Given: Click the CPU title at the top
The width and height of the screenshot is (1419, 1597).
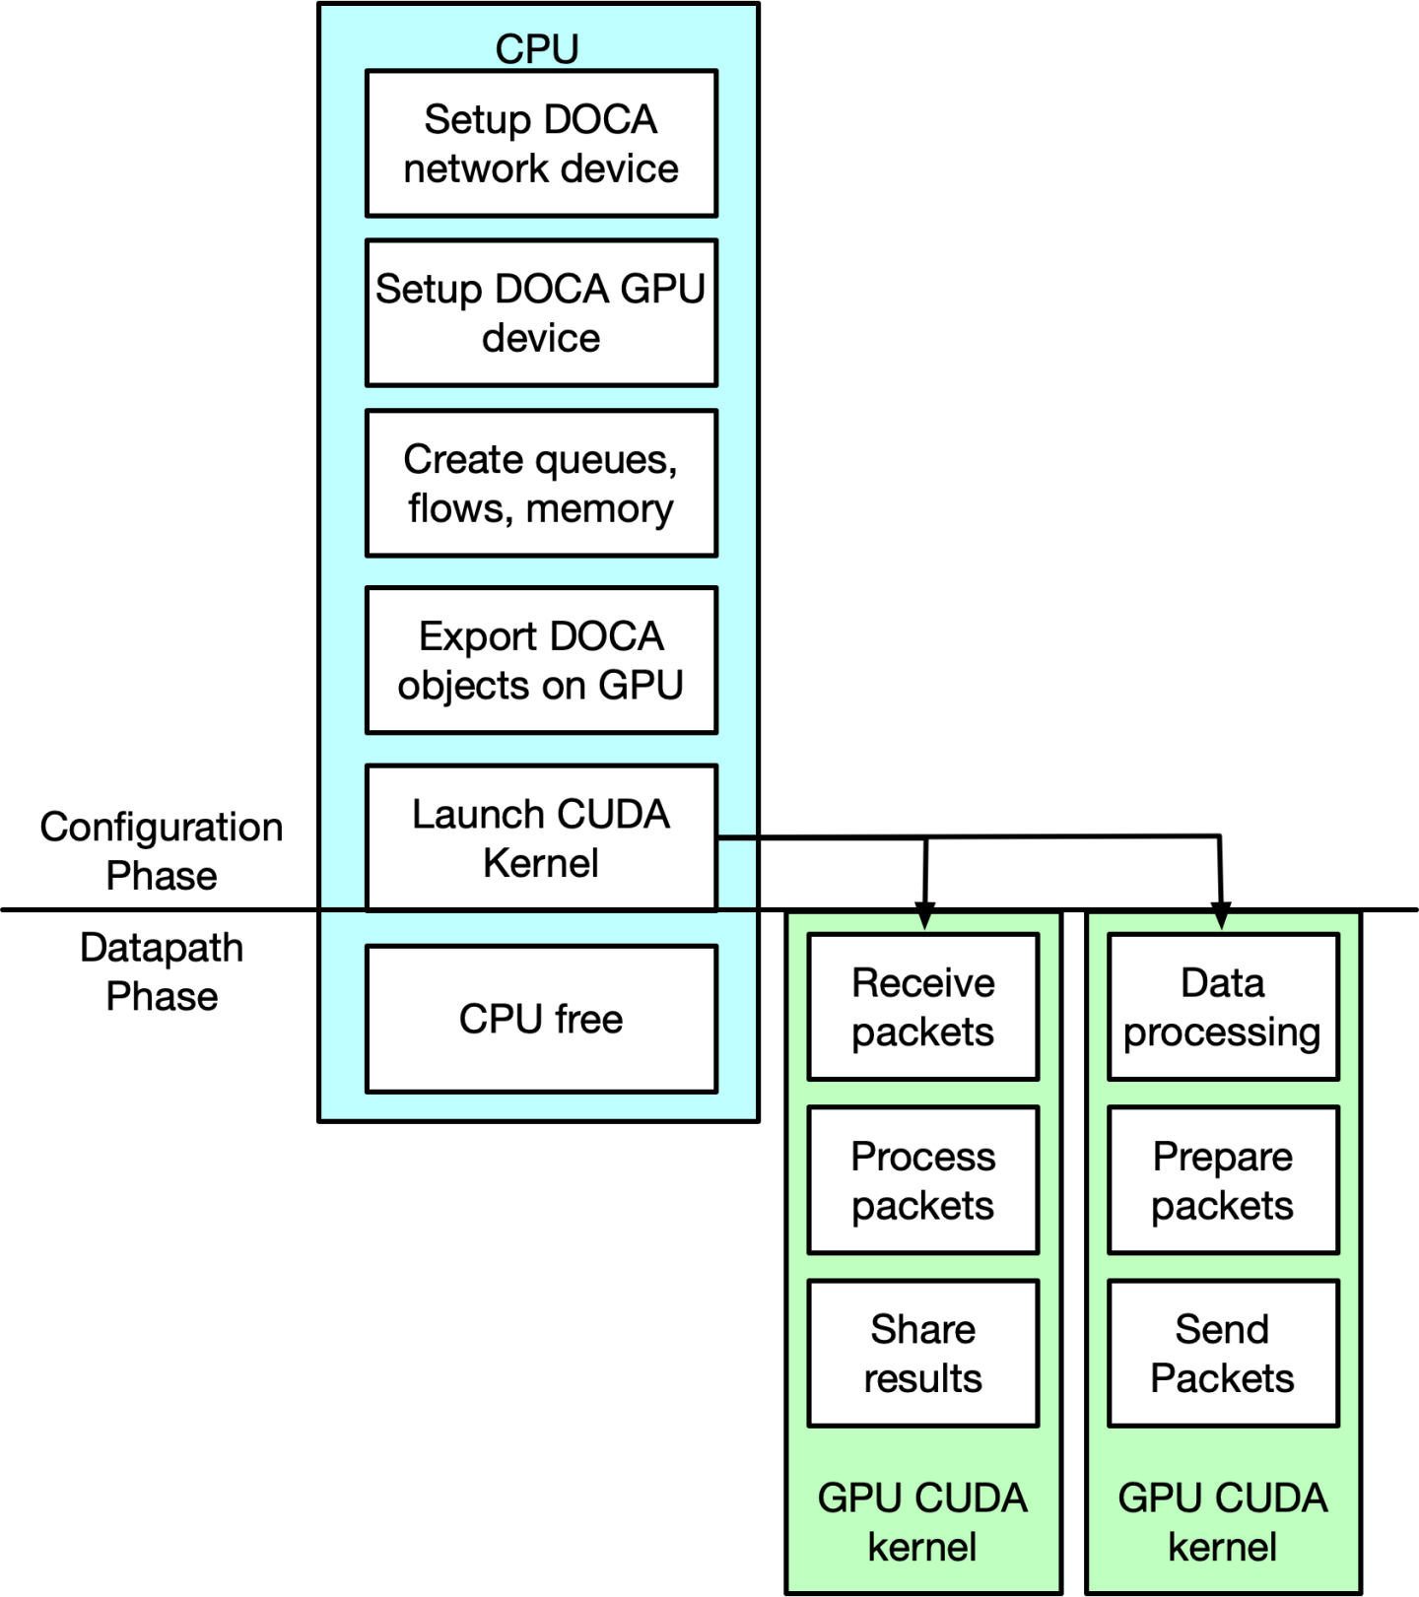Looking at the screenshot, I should [537, 48].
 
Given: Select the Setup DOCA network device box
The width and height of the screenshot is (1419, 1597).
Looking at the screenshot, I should [541, 144].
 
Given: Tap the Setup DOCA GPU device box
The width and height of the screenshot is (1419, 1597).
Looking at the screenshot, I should [541, 313].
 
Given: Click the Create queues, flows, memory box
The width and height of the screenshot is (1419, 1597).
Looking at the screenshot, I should [541, 484].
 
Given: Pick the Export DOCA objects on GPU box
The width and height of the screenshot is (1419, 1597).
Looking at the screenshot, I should [541, 660].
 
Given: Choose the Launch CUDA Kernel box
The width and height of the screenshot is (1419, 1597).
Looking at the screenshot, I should [541, 837].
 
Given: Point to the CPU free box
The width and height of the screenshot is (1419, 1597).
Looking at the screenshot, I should [541, 1019].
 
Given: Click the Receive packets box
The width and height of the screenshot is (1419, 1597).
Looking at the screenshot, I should [923, 1007].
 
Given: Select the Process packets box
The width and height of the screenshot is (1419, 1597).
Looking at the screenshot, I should [923, 1180].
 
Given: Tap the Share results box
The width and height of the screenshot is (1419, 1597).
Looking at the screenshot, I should [923, 1354].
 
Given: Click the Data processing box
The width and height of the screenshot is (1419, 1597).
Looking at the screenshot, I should [1223, 1007].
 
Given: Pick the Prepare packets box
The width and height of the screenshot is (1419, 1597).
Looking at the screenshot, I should [1223, 1180].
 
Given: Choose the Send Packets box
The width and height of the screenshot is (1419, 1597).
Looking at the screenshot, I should [1223, 1354].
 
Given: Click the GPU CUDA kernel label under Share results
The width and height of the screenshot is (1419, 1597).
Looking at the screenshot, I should [923, 1522].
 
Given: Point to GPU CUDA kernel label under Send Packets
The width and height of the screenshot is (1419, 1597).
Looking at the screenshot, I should [1223, 1522].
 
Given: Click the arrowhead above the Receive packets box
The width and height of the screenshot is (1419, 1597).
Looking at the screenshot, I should [924, 922].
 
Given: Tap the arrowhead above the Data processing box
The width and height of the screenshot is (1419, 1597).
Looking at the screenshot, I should [1222, 922].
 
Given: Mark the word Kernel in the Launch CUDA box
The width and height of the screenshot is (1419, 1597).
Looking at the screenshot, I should [541, 863].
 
